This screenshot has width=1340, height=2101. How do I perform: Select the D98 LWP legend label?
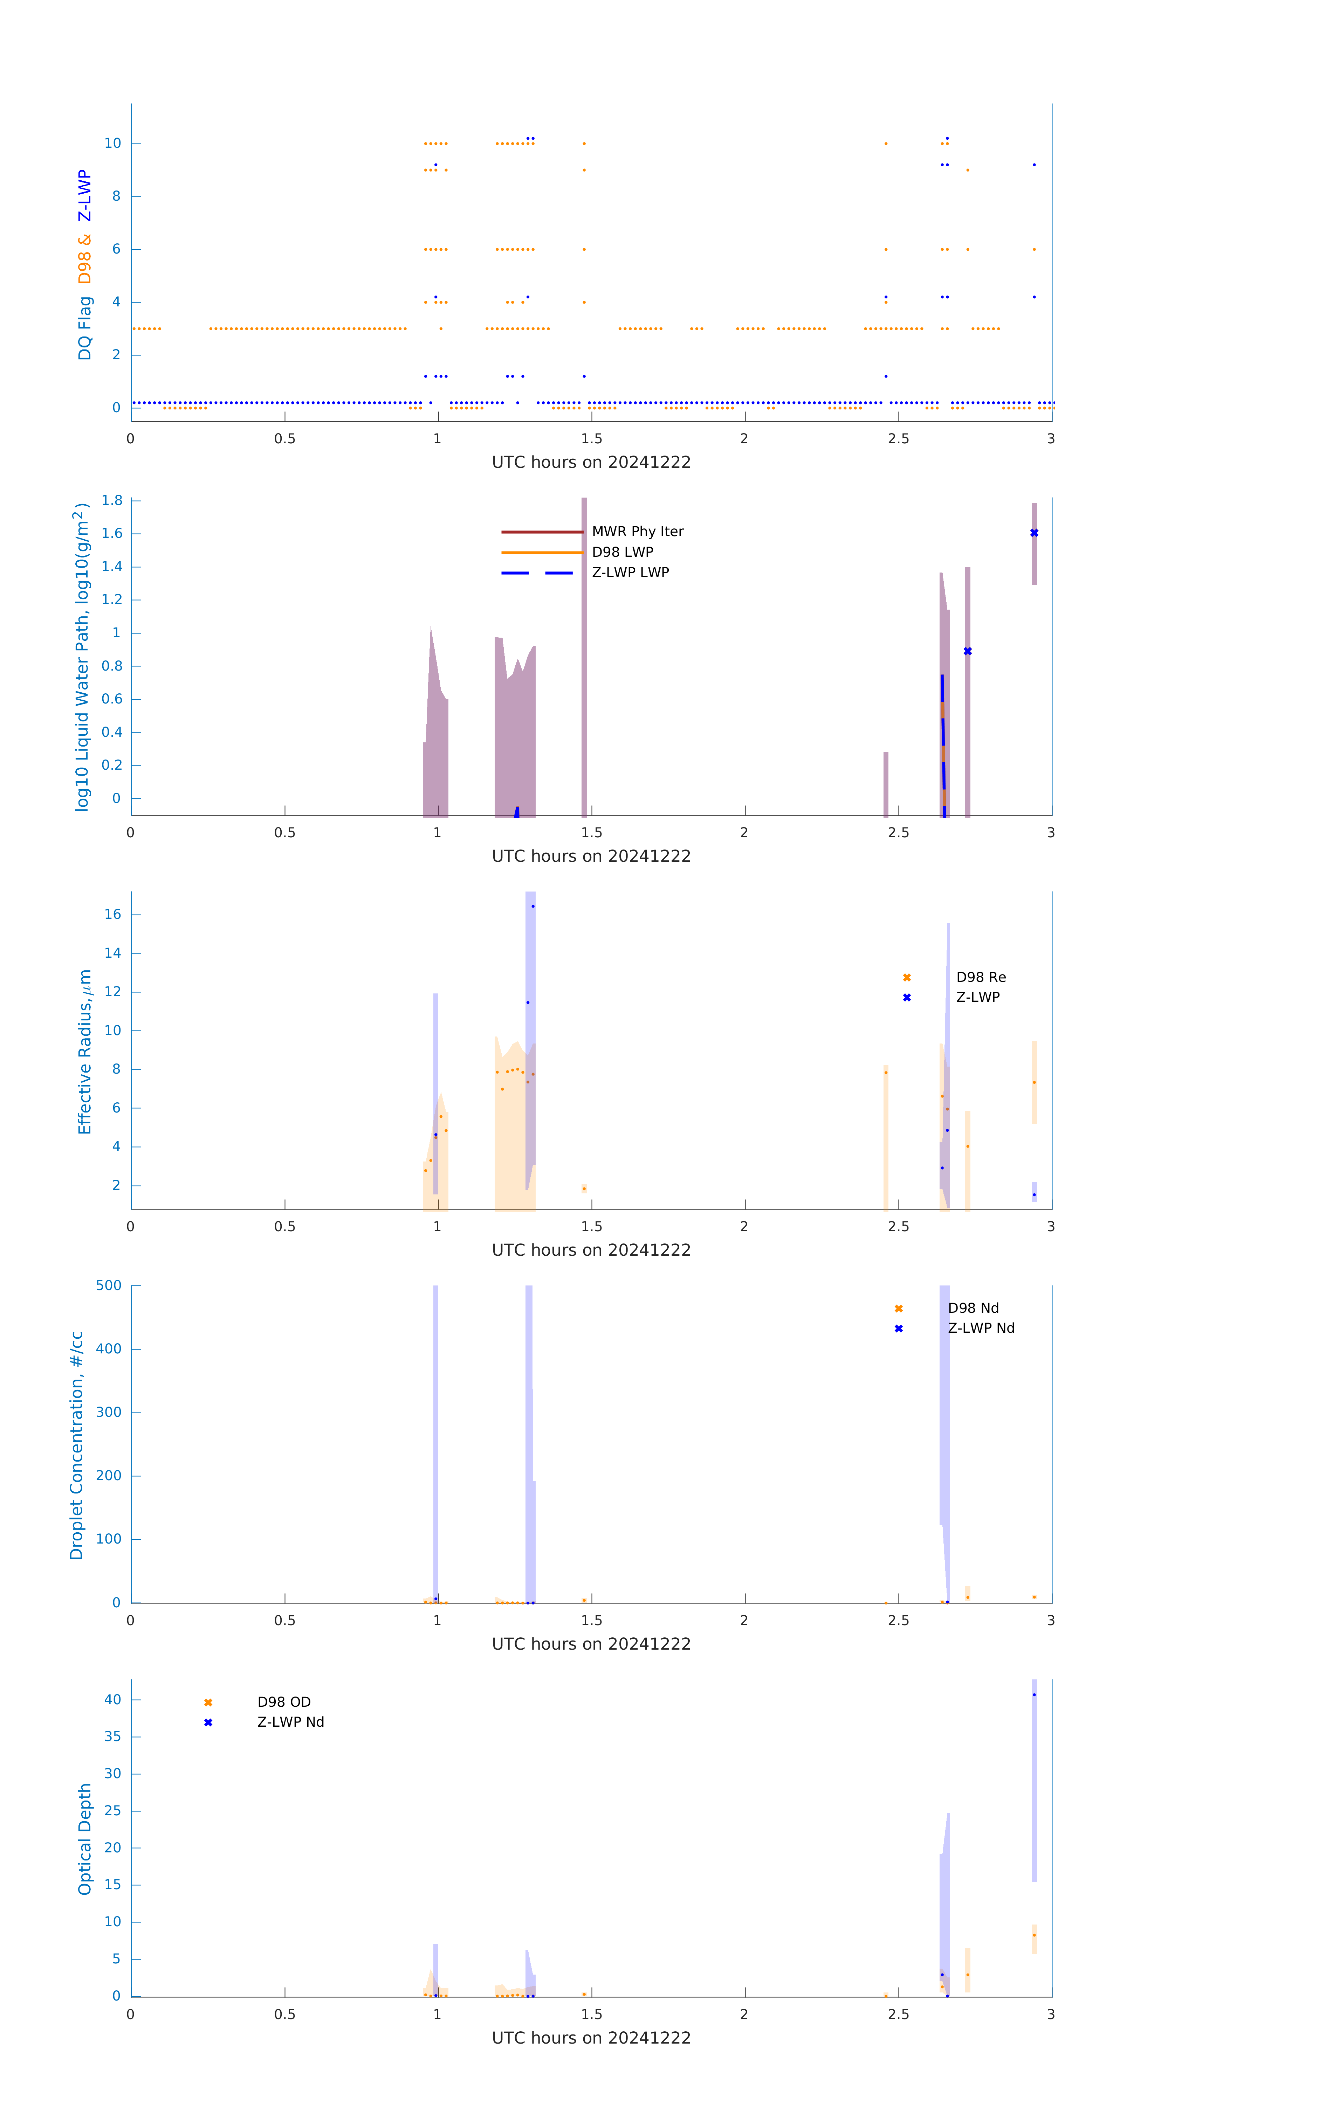pyautogui.click(x=623, y=552)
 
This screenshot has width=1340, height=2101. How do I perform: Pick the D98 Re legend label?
pyautogui.click(x=980, y=977)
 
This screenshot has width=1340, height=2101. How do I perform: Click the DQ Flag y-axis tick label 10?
pyautogui.click(x=112, y=143)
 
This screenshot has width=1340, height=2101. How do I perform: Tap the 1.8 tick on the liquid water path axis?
pyautogui.click(x=112, y=501)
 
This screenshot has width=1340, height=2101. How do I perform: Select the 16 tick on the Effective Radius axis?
pyautogui.click(x=112, y=914)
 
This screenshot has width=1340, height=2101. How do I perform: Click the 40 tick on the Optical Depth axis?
pyautogui.click(x=112, y=1700)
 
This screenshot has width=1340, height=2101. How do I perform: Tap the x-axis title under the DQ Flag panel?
pyautogui.click(x=591, y=463)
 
